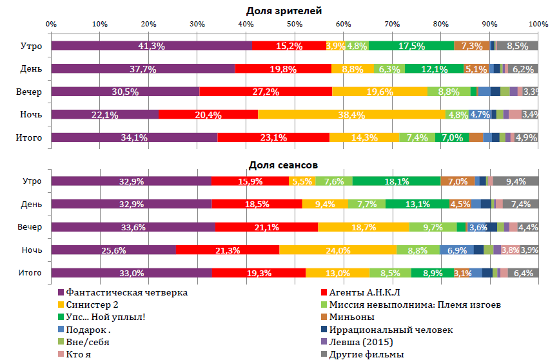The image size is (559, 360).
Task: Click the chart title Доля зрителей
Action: coord(284,11)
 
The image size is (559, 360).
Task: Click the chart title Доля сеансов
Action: coord(284,165)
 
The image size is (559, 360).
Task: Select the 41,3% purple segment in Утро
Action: coord(152,46)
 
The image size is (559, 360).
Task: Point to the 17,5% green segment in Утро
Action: coord(411,46)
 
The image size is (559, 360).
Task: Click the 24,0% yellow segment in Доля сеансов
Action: coord(338,250)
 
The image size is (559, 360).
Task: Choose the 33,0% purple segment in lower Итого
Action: coord(132,273)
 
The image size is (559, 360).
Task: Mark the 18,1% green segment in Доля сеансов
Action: coord(397,181)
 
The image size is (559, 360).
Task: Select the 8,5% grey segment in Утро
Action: coord(517,46)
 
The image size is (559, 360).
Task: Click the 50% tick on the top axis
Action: coord(295,24)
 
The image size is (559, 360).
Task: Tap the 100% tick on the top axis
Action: coord(538,24)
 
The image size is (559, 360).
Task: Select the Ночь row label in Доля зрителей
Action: coord(31,114)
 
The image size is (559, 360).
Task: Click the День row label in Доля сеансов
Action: coord(31,204)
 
